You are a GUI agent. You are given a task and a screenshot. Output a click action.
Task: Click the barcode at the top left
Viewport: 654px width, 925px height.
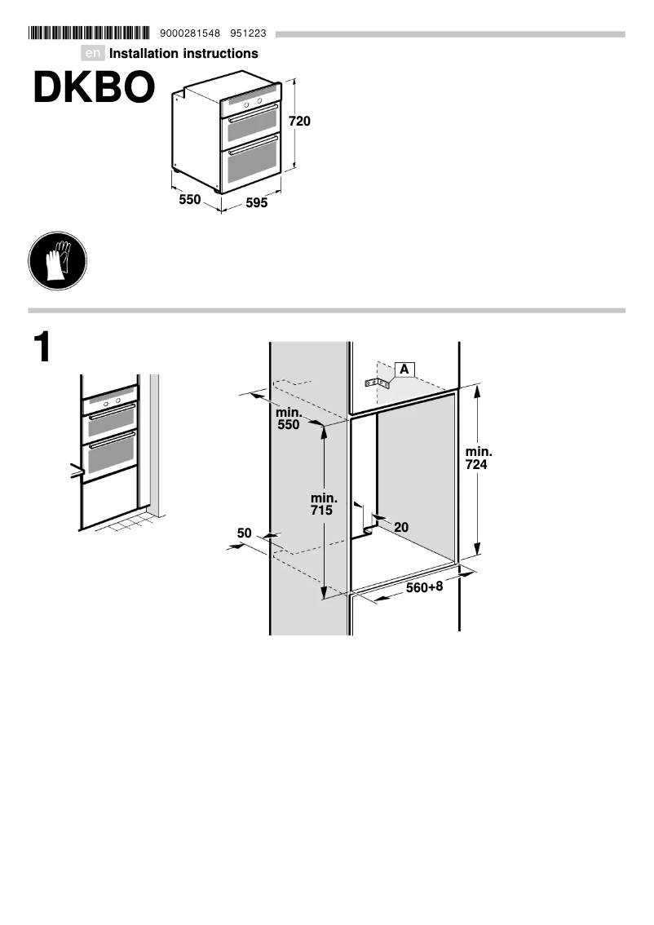tap(89, 33)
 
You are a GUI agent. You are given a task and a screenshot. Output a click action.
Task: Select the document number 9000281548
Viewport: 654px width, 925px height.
tap(191, 33)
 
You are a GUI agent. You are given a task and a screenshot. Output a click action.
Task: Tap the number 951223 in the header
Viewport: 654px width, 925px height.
tap(248, 33)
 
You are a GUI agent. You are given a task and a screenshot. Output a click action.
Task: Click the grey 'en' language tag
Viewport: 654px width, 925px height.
tap(94, 54)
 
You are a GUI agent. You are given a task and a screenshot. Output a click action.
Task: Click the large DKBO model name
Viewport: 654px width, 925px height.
tap(94, 88)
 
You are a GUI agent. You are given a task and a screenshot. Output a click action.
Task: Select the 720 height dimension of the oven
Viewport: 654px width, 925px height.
tap(300, 122)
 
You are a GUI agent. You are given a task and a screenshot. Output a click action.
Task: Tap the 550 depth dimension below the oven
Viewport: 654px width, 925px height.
tap(190, 198)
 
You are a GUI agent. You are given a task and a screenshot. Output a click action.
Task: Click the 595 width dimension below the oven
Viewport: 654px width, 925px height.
tap(257, 204)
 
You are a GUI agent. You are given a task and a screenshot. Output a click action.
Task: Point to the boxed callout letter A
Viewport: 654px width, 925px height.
tap(404, 369)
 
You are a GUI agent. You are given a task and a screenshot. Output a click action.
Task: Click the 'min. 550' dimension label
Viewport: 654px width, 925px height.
tap(288, 418)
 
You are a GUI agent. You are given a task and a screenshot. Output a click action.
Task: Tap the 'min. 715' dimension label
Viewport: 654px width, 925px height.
tap(324, 504)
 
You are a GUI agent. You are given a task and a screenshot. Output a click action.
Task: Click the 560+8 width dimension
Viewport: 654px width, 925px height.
tap(424, 587)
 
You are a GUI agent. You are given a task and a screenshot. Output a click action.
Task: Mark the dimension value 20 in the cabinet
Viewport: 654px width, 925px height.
tap(401, 527)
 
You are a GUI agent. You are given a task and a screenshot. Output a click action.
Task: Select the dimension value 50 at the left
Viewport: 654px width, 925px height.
tap(245, 533)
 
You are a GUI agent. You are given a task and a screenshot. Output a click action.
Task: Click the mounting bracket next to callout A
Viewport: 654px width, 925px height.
tap(378, 382)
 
